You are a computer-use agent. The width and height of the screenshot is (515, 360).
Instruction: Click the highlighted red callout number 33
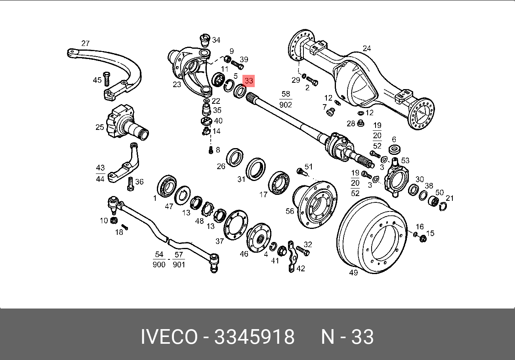(249, 81)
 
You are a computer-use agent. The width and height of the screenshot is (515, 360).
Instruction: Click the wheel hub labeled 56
(317, 204)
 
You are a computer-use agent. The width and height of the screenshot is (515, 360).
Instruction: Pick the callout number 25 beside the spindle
(99, 127)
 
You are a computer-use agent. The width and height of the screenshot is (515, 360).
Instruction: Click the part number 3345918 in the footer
(254, 337)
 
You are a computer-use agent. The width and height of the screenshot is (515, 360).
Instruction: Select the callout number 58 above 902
(286, 94)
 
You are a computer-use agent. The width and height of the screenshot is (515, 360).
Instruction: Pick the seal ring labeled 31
(256, 168)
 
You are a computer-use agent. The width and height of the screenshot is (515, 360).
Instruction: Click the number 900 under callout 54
(159, 264)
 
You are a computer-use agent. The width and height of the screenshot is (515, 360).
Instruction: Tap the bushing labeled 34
(204, 40)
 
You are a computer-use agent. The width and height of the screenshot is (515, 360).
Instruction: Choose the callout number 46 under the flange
(244, 253)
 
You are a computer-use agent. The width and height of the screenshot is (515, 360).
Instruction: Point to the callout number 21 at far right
(449, 198)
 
